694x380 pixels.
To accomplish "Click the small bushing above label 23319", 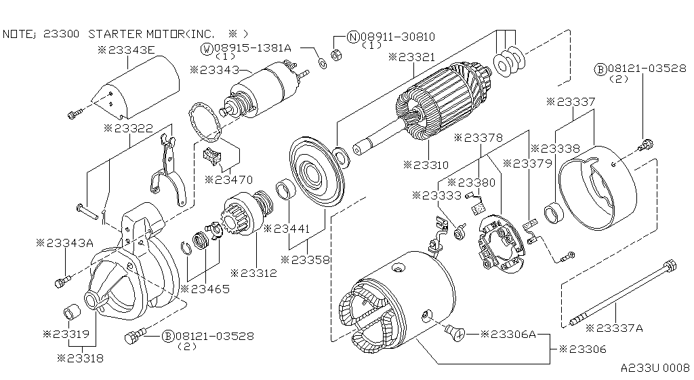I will click(72, 313).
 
